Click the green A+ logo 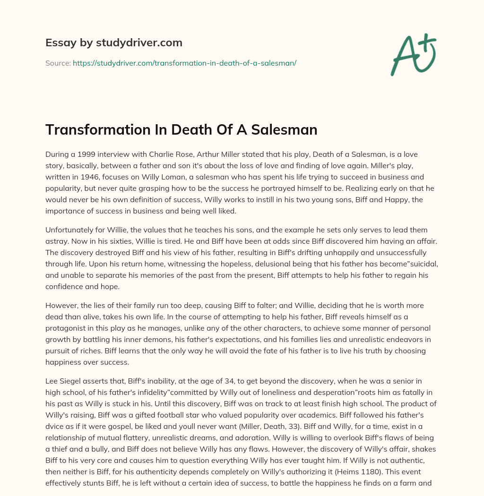[413, 55]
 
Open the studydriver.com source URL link [184, 63]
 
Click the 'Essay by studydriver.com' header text [113, 43]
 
